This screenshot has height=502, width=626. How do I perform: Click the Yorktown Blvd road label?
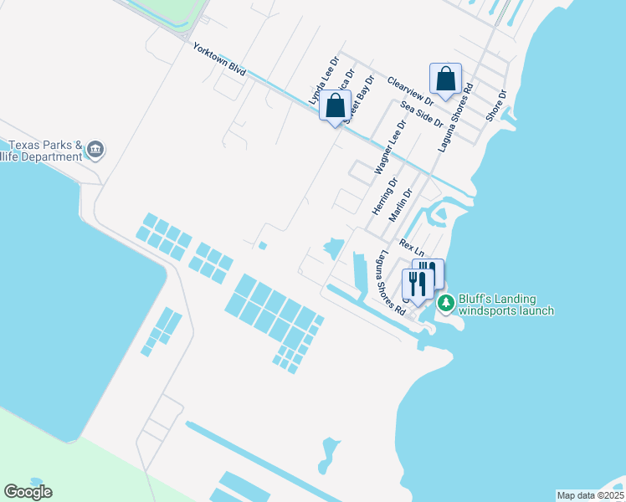[219, 60]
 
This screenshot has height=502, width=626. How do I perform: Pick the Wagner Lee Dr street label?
[390, 146]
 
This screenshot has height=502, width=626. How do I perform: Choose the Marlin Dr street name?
[401, 205]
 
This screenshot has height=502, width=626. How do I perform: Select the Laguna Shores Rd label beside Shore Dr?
[456, 117]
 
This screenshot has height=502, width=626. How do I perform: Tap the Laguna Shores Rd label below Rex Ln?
[392, 283]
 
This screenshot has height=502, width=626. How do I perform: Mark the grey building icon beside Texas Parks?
[95, 150]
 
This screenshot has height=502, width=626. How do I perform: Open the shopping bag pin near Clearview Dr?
[446, 80]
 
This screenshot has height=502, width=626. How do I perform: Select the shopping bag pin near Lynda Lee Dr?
[335, 106]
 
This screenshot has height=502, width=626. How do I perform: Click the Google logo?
[28, 492]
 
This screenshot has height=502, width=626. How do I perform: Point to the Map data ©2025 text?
[589, 495]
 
